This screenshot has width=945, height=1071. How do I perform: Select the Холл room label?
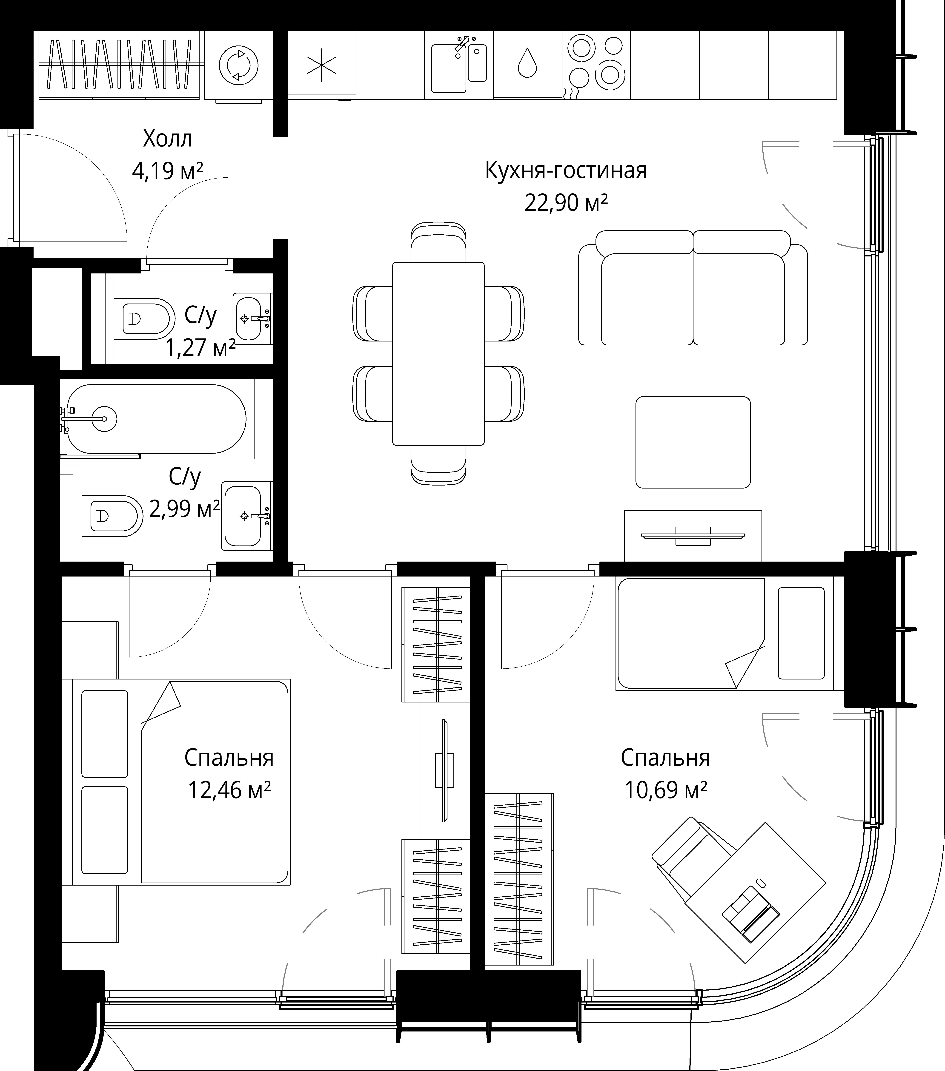[168, 139]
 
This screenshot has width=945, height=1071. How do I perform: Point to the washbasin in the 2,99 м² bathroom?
[246, 516]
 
